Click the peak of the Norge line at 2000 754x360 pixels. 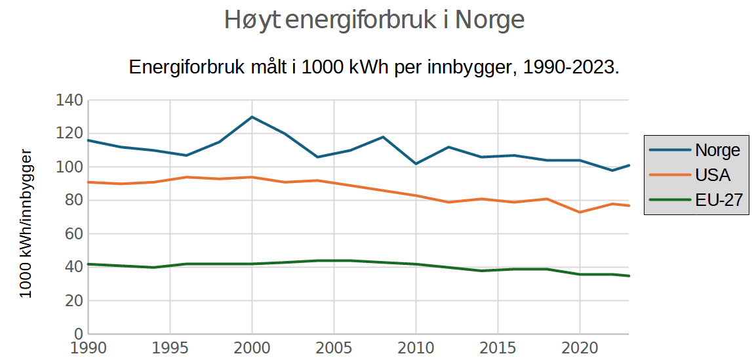click(252, 117)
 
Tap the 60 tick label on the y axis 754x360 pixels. click(73, 234)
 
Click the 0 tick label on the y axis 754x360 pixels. click(77, 334)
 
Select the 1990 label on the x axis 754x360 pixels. click(88, 348)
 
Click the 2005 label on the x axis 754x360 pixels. click(334, 348)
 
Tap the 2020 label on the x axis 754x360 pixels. click(580, 348)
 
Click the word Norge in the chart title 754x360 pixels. click(490, 20)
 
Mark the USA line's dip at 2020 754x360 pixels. click(580, 212)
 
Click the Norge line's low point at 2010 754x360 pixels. click(416, 163)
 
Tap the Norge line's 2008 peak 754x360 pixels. click(383, 137)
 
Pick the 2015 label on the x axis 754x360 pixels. click(498, 348)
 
